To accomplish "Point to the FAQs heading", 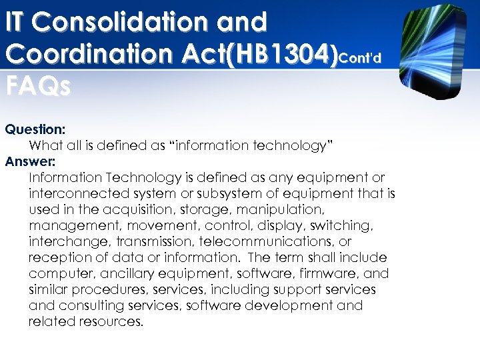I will pos(37,87).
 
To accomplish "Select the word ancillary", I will pos(119,273).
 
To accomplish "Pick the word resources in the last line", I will pos(109,321).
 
